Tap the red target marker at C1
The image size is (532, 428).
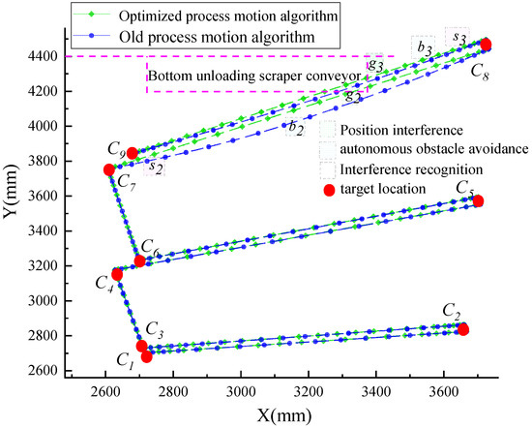(x=147, y=356)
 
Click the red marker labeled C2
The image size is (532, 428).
(x=463, y=329)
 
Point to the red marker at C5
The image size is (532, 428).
(x=478, y=200)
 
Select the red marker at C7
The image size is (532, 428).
(x=109, y=170)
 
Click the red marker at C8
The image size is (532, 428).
(x=487, y=45)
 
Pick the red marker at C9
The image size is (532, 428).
(x=133, y=153)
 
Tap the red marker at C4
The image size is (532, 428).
(x=117, y=274)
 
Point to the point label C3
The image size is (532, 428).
(x=155, y=327)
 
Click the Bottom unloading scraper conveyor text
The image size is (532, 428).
(x=253, y=75)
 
